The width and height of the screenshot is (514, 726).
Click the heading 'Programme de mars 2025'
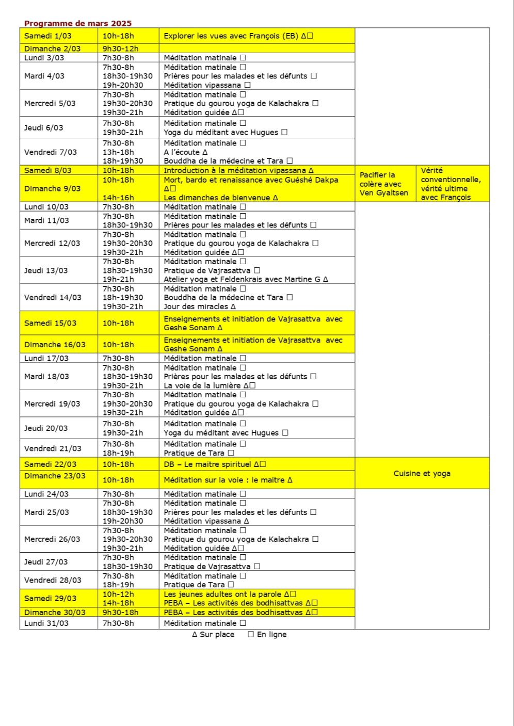[x=78, y=23]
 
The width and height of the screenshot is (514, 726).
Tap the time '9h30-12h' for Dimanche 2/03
[x=121, y=49]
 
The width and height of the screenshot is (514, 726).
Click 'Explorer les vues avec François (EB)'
[x=231, y=36]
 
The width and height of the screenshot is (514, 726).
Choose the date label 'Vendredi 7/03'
[x=51, y=152]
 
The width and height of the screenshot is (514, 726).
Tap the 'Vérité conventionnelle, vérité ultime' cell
[x=451, y=184]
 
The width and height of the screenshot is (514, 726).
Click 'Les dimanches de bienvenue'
[x=218, y=198]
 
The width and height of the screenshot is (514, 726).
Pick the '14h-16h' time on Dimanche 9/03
[x=118, y=198]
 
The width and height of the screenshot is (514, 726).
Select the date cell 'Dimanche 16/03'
[x=55, y=344]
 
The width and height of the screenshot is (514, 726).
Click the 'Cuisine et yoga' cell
[x=422, y=473]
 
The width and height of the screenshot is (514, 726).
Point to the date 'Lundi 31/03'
[x=46, y=623]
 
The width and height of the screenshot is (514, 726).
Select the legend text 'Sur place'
[x=217, y=635]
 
